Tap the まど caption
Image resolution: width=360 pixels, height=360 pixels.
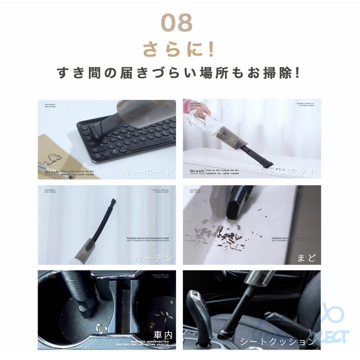306,258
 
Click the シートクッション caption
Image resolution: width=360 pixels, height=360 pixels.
278,342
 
